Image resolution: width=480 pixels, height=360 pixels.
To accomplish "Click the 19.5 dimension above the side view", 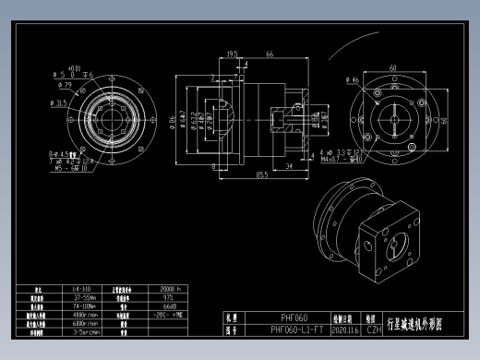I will click(233, 54).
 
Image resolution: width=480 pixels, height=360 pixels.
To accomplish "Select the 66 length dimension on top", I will click(270, 54).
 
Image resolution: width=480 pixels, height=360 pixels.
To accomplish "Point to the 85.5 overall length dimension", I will click(262, 174).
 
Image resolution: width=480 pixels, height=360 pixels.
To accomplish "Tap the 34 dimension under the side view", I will click(290, 166).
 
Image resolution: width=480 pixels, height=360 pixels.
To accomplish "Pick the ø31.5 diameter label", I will click(60, 104).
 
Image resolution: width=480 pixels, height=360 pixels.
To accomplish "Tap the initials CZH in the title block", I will click(374, 329).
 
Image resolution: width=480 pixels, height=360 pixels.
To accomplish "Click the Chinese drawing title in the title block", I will click(415, 323).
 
